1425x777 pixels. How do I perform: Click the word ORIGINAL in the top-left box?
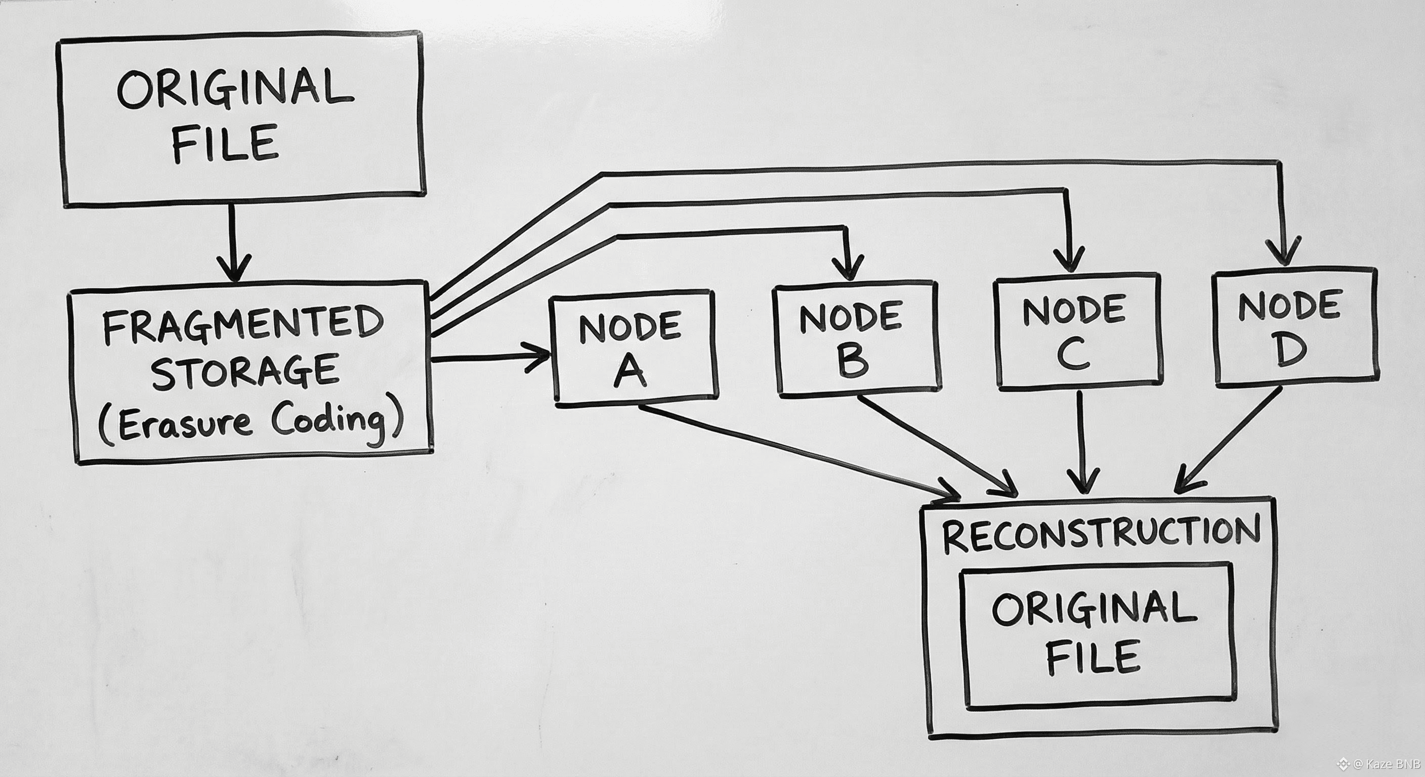point(235,89)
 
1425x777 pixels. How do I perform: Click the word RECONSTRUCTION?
point(1101,534)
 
